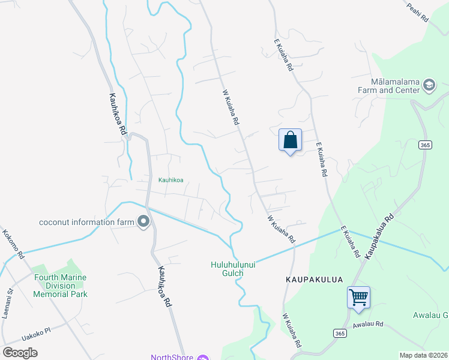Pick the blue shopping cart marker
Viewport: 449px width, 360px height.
pos(358,296)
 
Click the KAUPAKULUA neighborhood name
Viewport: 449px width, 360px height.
pos(309,280)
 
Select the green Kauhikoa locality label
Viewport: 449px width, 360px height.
pos(170,179)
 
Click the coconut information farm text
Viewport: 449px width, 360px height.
pos(86,222)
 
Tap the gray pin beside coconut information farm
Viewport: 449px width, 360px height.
pos(143,222)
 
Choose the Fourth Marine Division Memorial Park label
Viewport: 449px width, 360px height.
pos(61,286)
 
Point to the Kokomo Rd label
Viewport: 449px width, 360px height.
pos(13,244)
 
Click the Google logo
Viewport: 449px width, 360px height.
pos(20,352)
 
